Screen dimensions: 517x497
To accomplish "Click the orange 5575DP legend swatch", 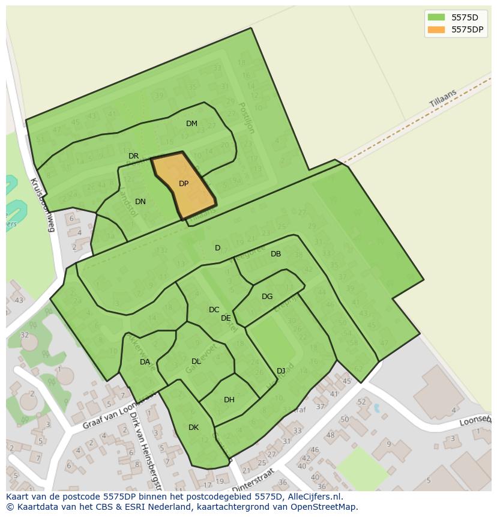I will (x=436, y=29).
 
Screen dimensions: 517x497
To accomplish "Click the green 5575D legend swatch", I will (x=436, y=17).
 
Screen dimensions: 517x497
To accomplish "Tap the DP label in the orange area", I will (x=184, y=184).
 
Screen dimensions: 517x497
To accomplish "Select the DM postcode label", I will (x=191, y=124).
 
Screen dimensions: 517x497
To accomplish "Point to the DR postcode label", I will (x=133, y=156).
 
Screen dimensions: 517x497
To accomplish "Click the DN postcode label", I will (x=140, y=202).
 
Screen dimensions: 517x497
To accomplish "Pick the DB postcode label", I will (x=276, y=254).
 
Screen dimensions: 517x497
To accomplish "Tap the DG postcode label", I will (x=267, y=297).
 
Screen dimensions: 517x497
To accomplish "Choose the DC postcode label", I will (x=214, y=310).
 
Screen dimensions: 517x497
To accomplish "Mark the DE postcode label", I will (x=226, y=318).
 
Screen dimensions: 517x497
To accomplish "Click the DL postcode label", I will (x=196, y=361).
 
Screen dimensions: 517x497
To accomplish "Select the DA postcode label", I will (x=145, y=362).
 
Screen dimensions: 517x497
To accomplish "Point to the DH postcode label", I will (x=229, y=400).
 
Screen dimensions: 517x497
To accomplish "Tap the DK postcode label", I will (x=193, y=428).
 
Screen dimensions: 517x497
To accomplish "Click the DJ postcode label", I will (x=281, y=370).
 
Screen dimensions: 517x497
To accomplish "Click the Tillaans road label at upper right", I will (x=443, y=99).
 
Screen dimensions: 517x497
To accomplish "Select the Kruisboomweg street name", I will (x=42, y=205).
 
